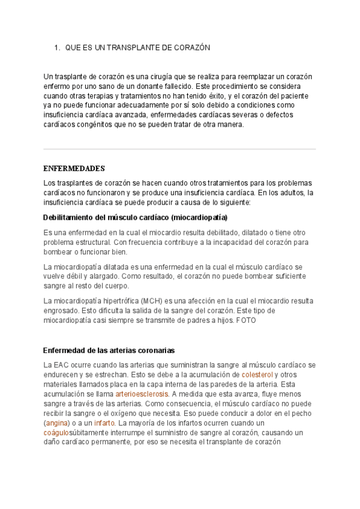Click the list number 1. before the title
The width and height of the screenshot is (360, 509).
(x=57, y=47)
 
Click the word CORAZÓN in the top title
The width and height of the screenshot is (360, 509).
(x=191, y=47)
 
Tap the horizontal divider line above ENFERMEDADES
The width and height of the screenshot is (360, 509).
(x=180, y=149)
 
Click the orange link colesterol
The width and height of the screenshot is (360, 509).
(x=257, y=375)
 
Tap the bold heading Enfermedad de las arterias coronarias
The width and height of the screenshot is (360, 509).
(x=109, y=350)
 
